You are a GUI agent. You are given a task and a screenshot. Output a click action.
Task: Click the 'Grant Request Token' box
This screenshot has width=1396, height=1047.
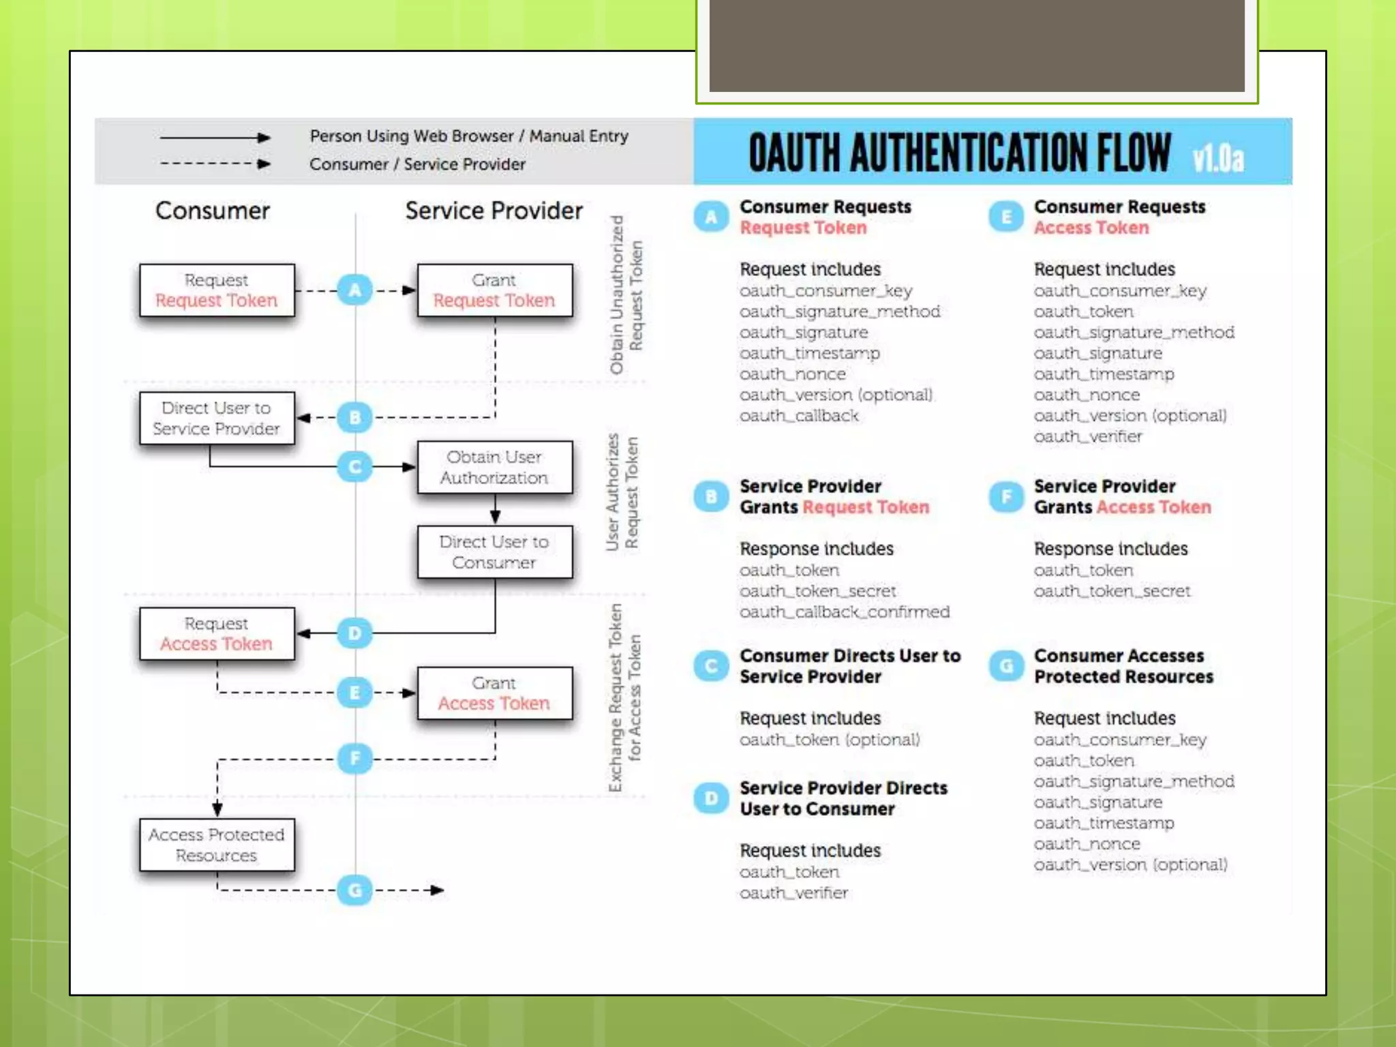494,290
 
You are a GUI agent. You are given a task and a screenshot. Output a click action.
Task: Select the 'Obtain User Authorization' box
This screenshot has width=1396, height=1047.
494,468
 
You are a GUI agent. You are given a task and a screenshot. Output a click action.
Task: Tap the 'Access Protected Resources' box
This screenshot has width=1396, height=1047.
217,845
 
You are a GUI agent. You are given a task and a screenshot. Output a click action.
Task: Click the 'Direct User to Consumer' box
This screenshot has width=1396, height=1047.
494,552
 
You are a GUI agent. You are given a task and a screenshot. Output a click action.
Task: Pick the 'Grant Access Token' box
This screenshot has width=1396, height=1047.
494,693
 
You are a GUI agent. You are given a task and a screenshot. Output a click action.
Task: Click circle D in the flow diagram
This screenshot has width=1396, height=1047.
355,633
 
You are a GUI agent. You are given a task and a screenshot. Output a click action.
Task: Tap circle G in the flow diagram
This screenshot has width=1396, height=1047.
355,890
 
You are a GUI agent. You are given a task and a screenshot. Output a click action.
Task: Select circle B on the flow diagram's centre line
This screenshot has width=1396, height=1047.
355,417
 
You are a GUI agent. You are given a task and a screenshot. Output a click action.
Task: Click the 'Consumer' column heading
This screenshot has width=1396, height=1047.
213,211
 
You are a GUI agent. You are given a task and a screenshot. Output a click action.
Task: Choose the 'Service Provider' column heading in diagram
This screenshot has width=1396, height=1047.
494,211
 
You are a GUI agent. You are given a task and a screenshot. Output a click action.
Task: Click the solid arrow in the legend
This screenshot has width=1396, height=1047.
215,138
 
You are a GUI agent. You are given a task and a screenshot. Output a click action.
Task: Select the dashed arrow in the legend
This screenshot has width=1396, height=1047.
215,164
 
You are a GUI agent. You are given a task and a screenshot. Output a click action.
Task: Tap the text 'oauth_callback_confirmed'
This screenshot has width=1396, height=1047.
845,612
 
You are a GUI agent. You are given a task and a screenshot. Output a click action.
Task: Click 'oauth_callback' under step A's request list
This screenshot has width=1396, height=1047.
799,416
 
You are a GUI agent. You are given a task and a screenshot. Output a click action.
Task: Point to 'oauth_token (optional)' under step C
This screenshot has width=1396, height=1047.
830,740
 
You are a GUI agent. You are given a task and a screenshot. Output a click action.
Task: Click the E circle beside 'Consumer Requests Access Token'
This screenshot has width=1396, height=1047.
1005,217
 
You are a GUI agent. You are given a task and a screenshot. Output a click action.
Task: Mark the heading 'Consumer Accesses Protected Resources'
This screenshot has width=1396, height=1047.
1123,666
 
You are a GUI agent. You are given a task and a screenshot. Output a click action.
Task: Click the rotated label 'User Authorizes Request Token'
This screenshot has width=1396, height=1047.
622,492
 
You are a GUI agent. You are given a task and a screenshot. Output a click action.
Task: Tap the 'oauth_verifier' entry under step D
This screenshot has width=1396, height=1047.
794,893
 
